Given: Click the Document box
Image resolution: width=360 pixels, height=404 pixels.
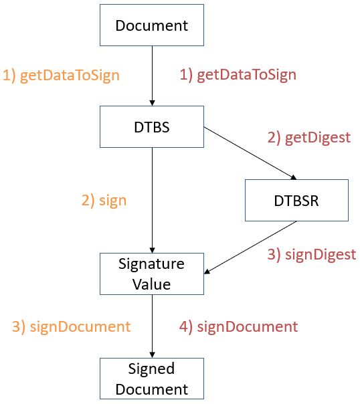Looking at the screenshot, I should click(x=152, y=27).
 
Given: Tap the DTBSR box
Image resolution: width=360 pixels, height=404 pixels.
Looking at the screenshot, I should click(x=296, y=200).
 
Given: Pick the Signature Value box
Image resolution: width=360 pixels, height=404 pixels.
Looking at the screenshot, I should click(x=152, y=273).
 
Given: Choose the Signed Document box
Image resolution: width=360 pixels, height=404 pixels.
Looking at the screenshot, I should click(x=152, y=379).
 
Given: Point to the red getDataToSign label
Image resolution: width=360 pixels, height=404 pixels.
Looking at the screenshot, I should click(x=238, y=74).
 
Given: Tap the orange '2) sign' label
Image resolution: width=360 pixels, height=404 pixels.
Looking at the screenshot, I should click(x=103, y=201).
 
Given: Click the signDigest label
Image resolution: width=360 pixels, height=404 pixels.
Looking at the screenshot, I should click(x=311, y=254).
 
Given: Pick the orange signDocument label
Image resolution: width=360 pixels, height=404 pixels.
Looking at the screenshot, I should click(x=71, y=327).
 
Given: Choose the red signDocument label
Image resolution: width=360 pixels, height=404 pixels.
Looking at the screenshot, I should click(x=238, y=327).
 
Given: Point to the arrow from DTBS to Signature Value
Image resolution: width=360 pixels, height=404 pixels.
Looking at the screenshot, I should click(x=153, y=201).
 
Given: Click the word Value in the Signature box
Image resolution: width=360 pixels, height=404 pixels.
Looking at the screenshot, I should click(x=152, y=284).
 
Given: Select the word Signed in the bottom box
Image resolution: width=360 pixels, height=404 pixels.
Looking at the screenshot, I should click(x=152, y=369).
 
